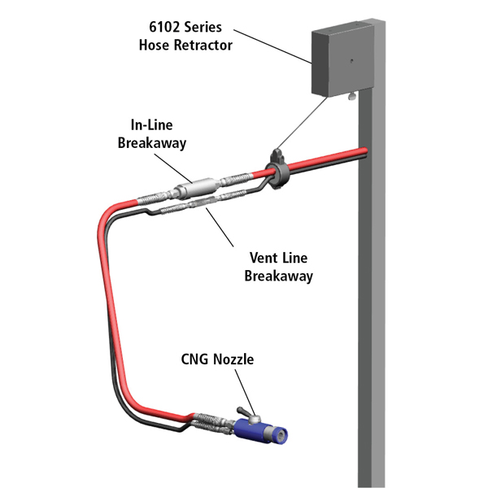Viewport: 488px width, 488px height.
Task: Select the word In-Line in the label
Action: pyautogui.click(x=157, y=126)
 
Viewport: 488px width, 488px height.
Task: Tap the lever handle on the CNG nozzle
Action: pyautogui.click(x=244, y=412)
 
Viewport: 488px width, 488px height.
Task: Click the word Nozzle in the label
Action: pyautogui.click(x=237, y=359)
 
